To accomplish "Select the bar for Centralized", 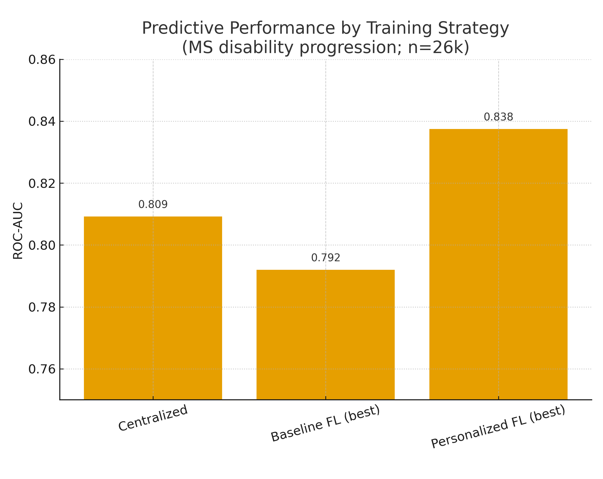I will point(153,308).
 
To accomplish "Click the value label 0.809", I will point(153,205).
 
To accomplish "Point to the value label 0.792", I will point(326,258).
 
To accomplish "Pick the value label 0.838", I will point(498,117).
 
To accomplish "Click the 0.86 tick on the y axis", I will point(42,60).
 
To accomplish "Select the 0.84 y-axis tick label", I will point(42,122).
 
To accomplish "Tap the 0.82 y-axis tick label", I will point(42,184).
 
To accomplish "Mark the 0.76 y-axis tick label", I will point(42,369).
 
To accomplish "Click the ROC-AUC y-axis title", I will point(18,231).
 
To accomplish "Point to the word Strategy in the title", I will point(473,28).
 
